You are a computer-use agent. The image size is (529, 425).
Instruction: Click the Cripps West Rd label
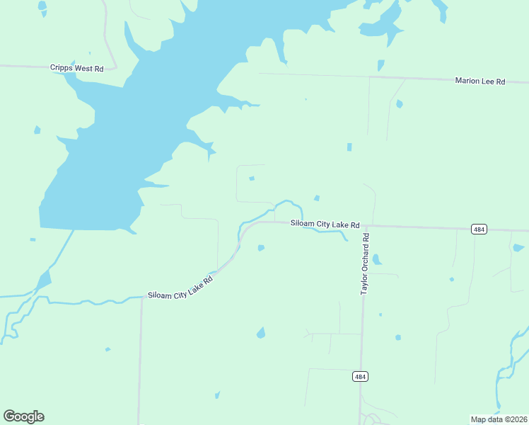point(77,68)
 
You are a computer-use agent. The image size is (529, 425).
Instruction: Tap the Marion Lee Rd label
point(479,81)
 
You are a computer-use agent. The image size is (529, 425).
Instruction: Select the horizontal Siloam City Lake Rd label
point(325,224)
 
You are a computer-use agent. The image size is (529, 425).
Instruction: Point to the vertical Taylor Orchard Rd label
point(366,266)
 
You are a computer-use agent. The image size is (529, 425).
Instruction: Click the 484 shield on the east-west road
point(479,229)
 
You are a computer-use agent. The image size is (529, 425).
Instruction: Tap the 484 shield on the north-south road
point(361,376)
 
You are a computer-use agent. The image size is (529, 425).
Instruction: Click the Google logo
point(23,416)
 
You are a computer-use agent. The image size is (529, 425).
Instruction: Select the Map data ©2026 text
point(499,419)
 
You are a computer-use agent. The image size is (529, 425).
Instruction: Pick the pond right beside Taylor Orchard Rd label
point(376,259)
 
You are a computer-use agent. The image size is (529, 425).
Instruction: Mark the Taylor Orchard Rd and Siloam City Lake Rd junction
point(363,226)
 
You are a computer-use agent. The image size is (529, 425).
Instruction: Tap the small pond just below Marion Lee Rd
point(400,104)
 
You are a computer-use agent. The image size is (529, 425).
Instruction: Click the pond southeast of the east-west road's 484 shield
point(518,248)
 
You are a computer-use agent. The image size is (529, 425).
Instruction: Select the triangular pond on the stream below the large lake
point(43,280)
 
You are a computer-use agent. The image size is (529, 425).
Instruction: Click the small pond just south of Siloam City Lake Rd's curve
point(261,248)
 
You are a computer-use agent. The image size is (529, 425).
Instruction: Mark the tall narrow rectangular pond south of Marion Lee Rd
point(349,147)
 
